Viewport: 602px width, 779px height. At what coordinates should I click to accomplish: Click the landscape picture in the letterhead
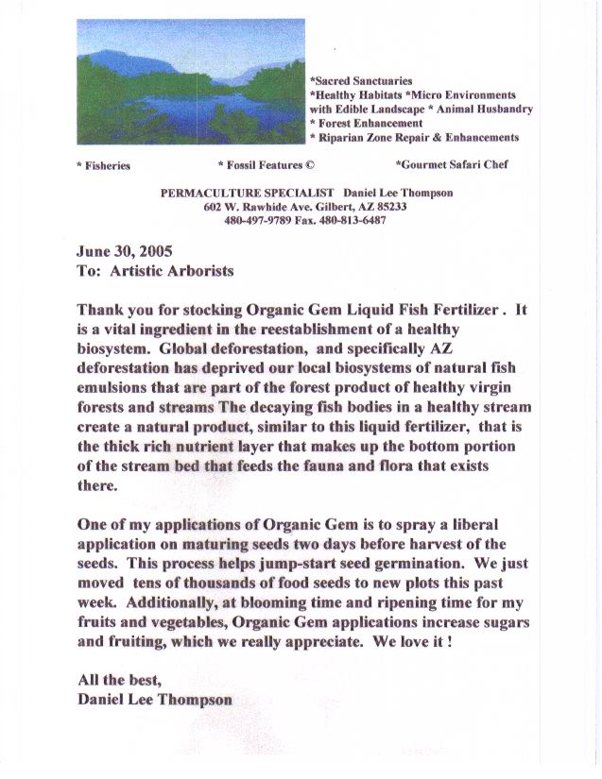pos(190,80)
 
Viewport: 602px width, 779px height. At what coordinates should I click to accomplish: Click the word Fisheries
pos(105,165)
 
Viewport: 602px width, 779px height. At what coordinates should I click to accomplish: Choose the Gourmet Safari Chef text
pos(453,164)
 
